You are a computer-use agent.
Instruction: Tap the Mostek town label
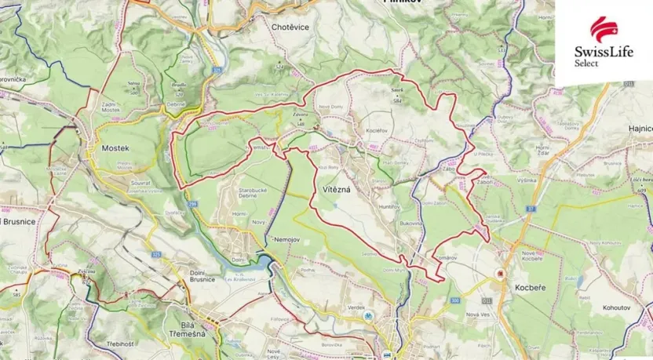[x=115, y=147]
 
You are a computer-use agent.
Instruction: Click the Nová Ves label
[x=477, y=315]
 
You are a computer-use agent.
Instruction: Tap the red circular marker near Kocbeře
[x=498, y=274]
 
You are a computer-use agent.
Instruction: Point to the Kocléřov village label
[x=377, y=129]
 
